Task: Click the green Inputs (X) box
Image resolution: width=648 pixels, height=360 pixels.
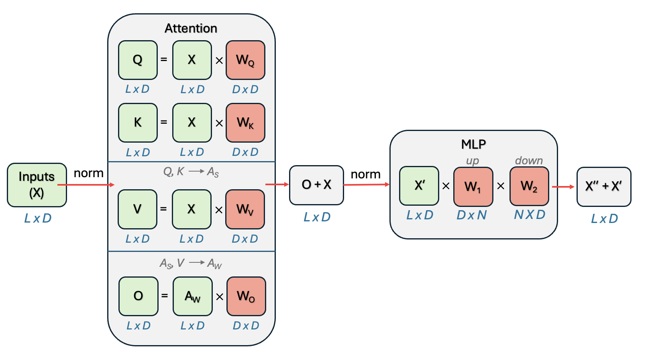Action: [37, 185]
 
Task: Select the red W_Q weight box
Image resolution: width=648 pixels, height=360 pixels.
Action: [245, 60]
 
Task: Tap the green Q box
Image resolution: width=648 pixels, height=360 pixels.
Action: [138, 60]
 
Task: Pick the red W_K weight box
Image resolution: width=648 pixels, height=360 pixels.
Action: [245, 123]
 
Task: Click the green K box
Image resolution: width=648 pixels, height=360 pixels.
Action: [138, 123]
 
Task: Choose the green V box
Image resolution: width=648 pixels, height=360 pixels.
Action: [137, 209]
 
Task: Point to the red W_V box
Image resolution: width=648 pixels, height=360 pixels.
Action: [245, 209]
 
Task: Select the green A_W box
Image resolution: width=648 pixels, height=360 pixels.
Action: [192, 296]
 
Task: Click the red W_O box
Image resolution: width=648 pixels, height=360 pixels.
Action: [246, 296]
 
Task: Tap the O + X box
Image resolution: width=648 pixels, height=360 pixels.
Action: [316, 185]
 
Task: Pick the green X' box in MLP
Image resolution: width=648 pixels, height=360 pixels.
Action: [419, 186]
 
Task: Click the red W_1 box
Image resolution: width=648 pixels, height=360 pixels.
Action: [473, 186]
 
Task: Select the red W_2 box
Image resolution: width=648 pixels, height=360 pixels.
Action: [529, 186]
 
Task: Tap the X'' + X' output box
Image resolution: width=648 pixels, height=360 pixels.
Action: [604, 186]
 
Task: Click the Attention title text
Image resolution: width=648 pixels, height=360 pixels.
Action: [191, 29]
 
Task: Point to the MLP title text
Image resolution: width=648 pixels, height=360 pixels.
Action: [473, 144]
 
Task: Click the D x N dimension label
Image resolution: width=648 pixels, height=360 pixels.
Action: [472, 215]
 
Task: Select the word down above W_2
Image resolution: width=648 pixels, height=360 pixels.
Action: [529, 160]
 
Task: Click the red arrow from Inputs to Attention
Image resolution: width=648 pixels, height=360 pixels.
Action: [86, 185]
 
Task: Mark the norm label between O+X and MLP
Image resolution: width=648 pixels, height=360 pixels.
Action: [365, 174]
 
